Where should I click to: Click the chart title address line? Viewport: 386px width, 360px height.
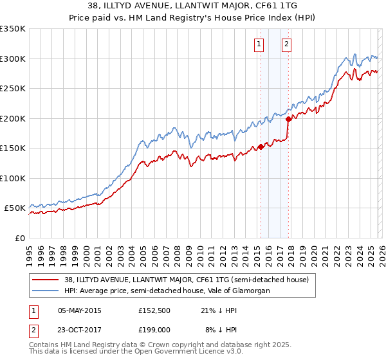pos(193,6)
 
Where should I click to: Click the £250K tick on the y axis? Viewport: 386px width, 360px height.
pos(13,89)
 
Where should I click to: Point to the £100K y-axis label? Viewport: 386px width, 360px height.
pos(13,178)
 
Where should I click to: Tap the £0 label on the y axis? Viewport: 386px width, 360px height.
pos(19,238)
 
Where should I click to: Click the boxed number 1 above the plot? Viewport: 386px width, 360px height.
pos(259,44)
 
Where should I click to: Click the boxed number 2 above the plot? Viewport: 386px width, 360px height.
pos(286,44)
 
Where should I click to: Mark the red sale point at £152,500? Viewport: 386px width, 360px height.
pos(261,147)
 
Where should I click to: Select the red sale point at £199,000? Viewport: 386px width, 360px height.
pos(289,119)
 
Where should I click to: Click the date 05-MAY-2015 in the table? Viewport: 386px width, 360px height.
pos(80,310)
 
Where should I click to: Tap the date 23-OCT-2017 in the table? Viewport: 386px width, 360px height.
pos(80,329)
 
